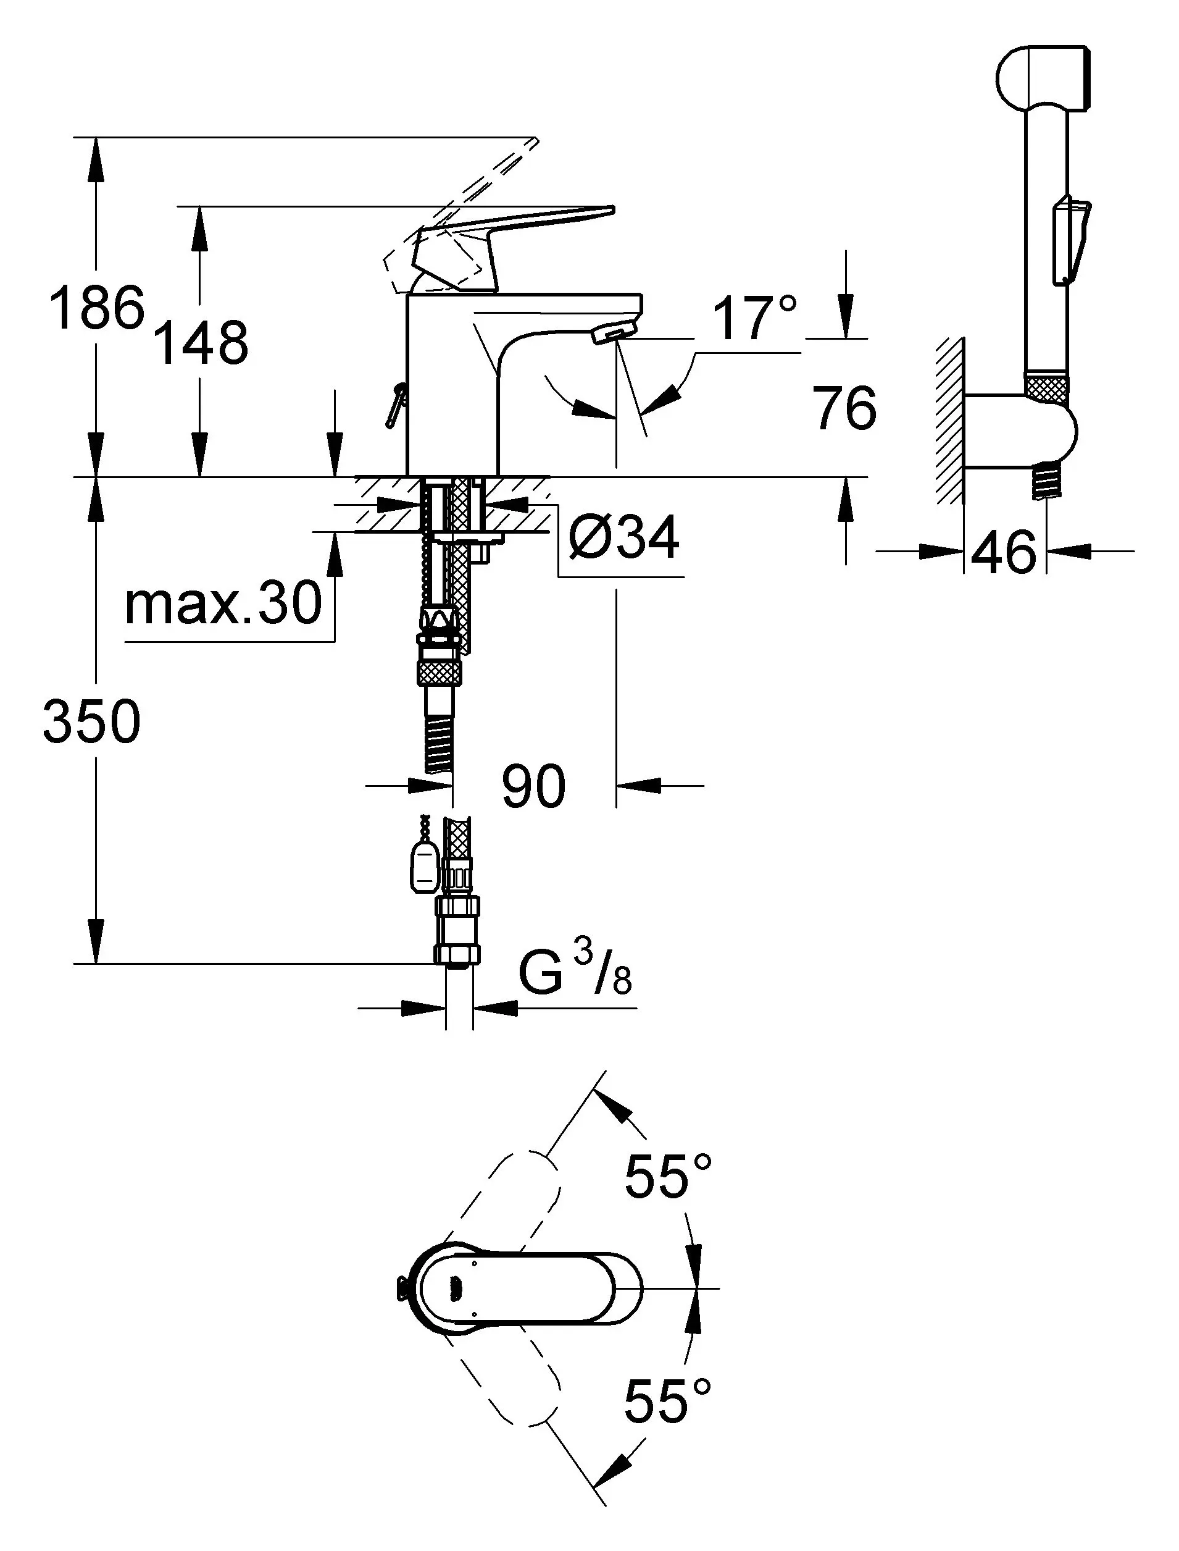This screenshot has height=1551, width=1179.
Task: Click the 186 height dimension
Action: click(97, 308)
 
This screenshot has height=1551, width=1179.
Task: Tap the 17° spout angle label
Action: click(754, 318)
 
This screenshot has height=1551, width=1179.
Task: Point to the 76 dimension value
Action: click(845, 408)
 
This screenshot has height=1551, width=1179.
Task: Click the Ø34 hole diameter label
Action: click(624, 537)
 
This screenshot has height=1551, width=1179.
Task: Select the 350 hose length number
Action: click(91, 722)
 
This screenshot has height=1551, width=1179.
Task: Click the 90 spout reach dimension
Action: click(533, 786)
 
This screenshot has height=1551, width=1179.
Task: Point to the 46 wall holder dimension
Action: click(1004, 552)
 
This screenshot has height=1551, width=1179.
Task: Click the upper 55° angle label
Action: click(668, 1176)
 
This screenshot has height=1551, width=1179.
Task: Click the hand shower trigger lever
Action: click(1070, 238)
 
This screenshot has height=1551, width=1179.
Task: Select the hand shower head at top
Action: click(1043, 78)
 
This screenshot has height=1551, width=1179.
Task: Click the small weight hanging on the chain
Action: click(423, 867)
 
